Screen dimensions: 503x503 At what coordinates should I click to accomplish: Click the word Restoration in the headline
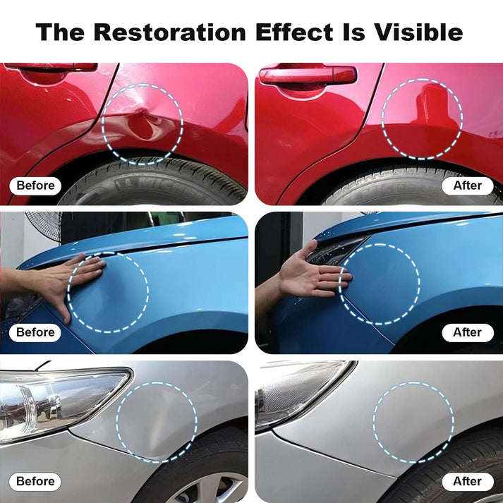(170, 32)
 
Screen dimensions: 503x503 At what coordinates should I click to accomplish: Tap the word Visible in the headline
(418, 32)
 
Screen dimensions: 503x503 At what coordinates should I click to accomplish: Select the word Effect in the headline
(294, 32)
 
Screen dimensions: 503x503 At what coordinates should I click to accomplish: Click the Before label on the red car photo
(35, 186)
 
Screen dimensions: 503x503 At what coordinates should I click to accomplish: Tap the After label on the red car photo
(468, 186)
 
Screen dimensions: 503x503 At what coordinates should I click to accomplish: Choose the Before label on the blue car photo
(35, 332)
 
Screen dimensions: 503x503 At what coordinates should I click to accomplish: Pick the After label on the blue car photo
(468, 332)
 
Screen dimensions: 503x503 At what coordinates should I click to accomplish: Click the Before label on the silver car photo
(35, 482)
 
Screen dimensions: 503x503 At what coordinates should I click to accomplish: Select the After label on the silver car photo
(468, 482)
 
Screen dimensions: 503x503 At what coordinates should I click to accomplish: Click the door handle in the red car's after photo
(308, 76)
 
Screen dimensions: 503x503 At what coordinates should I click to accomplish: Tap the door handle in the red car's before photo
(51, 67)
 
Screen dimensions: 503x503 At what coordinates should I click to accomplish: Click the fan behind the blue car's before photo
(45, 225)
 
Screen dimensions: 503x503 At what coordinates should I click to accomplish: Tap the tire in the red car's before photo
(154, 183)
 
